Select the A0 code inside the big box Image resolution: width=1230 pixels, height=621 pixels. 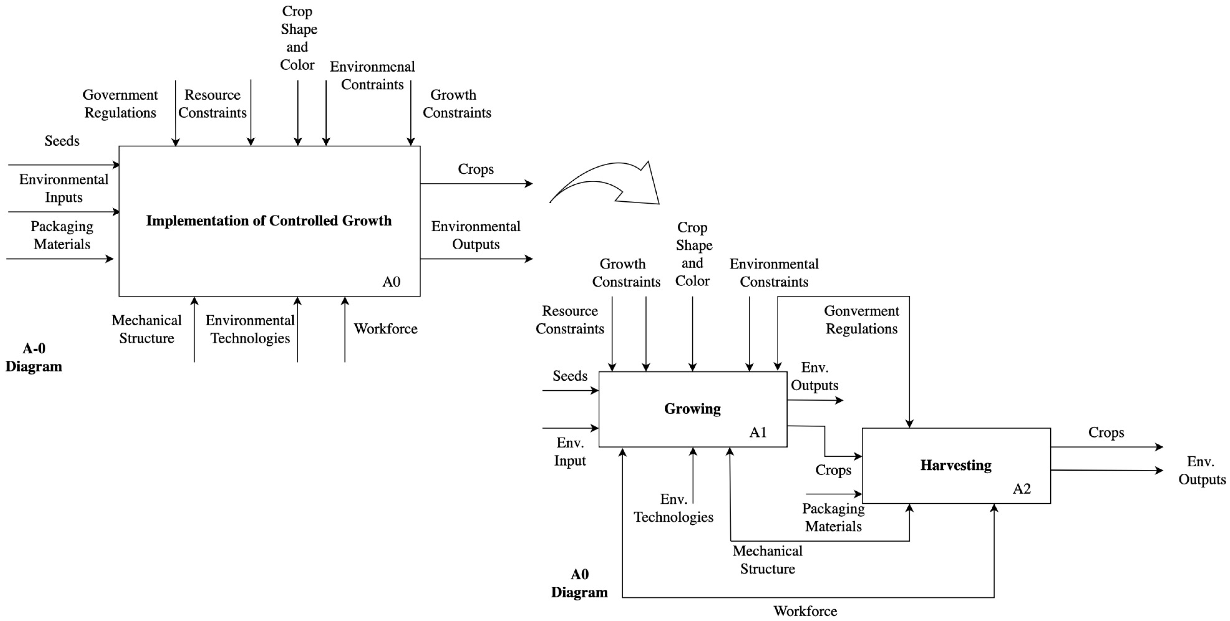click(x=391, y=282)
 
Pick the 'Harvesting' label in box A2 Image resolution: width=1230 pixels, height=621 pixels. click(x=956, y=465)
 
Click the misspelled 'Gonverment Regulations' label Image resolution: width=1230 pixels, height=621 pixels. click(x=861, y=320)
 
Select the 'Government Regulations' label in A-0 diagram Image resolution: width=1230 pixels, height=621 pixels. click(x=120, y=104)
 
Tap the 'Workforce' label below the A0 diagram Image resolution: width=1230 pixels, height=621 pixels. click(x=805, y=611)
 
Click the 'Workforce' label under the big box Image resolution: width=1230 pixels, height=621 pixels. click(x=385, y=329)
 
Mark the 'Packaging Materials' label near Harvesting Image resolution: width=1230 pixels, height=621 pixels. click(x=833, y=517)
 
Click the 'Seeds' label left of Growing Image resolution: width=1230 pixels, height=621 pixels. click(x=570, y=376)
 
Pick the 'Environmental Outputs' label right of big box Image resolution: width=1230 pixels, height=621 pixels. click(x=475, y=235)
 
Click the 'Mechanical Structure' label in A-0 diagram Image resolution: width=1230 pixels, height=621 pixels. click(x=147, y=329)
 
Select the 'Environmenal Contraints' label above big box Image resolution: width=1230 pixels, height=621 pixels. click(x=372, y=75)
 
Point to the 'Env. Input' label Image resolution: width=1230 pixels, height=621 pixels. click(x=570, y=451)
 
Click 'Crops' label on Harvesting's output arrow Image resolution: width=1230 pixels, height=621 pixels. click(x=1106, y=432)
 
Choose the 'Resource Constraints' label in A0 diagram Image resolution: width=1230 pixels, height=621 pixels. click(x=570, y=320)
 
